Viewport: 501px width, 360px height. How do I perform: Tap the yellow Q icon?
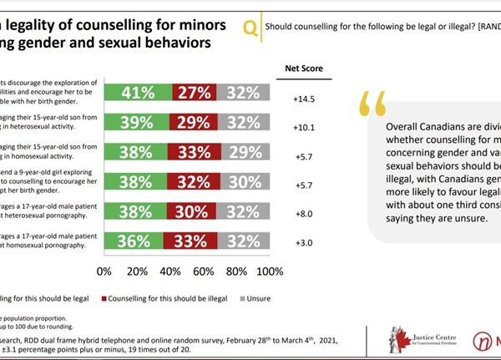pyautogui.click(x=250, y=28)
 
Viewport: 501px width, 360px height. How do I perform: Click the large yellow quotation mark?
pyautogui.click(x=375, y=104)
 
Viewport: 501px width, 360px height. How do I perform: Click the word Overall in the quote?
pyautogui.click(x=404, y=126)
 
